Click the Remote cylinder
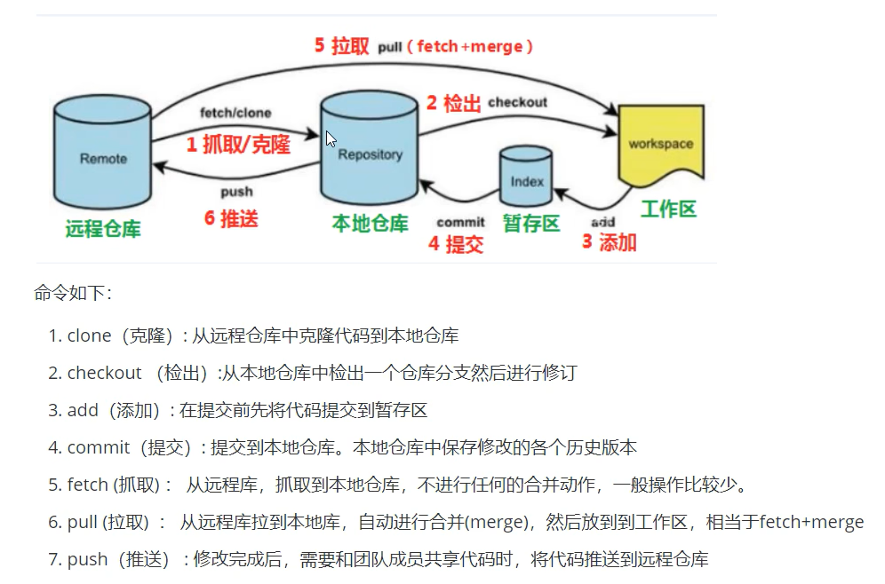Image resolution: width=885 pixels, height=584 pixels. (103, 155)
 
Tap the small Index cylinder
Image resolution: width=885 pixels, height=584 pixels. (526, 180)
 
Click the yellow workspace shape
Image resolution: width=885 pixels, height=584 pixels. (660, 145)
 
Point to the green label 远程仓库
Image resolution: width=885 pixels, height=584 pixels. (103, 228)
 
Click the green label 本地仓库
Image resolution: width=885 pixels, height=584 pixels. (370, 224)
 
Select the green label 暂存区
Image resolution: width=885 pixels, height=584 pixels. (531, 223)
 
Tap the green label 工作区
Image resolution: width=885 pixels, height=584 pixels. (668, 209)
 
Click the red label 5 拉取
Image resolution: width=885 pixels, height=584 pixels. (341, 46)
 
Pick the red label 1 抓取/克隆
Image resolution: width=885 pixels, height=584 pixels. (238, 145)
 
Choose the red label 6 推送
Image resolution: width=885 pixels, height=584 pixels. (231, 217)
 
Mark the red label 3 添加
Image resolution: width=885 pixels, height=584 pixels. (610, 241)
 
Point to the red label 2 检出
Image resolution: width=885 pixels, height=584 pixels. (453, 103)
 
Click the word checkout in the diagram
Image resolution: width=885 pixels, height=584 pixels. (517, 102)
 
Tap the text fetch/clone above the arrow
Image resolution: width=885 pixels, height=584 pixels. (235, 113)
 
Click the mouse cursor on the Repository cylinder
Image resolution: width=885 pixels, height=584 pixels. (331, 138)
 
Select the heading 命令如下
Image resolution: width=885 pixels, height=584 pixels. (73, 293)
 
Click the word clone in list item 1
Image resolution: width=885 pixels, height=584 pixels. (89, 335)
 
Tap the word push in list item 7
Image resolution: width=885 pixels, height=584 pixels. (87, 559)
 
